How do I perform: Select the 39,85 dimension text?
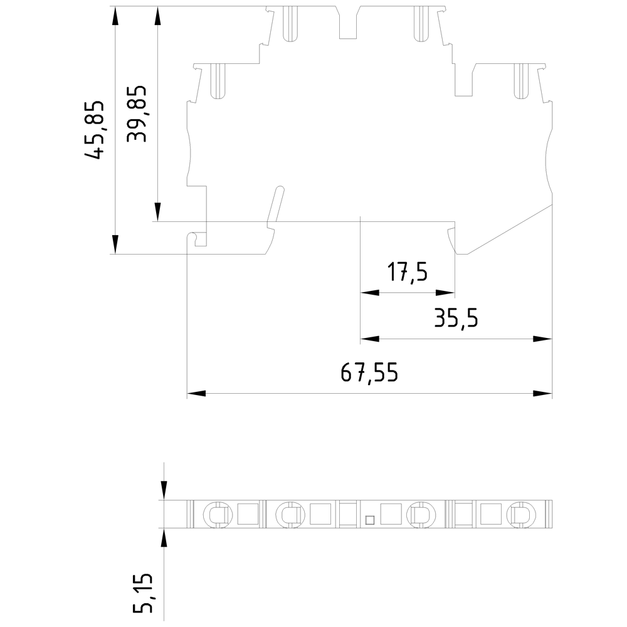pos(137,113)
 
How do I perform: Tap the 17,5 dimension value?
pos(407,273)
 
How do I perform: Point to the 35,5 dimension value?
pos(456,319)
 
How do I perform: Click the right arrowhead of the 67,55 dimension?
pos(543,394)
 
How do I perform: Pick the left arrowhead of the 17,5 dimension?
pos(369,293)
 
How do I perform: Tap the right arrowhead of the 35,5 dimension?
pos(543,339)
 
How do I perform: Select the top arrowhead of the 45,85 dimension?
pos(115,16)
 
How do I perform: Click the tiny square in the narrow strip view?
pos(369,519)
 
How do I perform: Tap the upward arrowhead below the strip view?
pos(164,538)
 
